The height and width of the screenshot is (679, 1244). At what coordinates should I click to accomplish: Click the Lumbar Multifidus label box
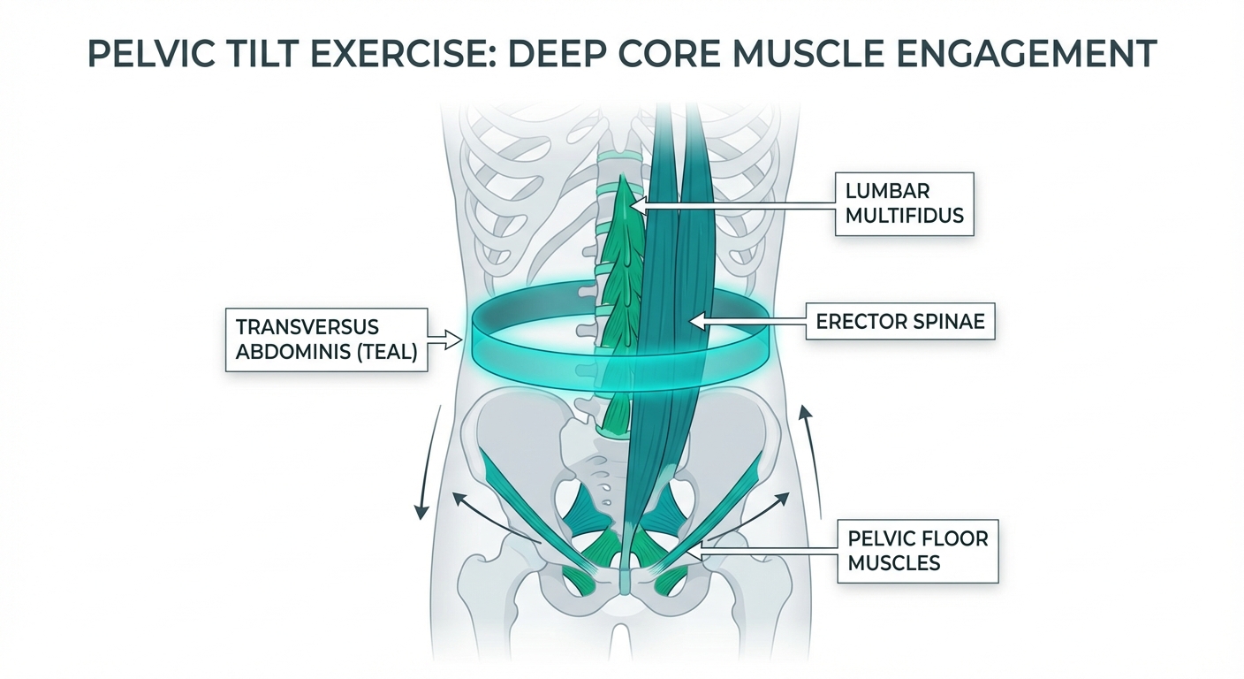904,203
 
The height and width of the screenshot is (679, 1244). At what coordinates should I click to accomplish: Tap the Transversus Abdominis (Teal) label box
327,339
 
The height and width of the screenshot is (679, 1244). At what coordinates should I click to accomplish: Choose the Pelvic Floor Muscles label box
917,550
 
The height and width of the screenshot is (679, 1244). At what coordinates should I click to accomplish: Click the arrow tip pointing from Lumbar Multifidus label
638,204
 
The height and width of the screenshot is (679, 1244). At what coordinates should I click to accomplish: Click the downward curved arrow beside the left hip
428,464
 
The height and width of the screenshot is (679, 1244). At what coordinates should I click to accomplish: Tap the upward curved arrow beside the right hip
811,460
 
